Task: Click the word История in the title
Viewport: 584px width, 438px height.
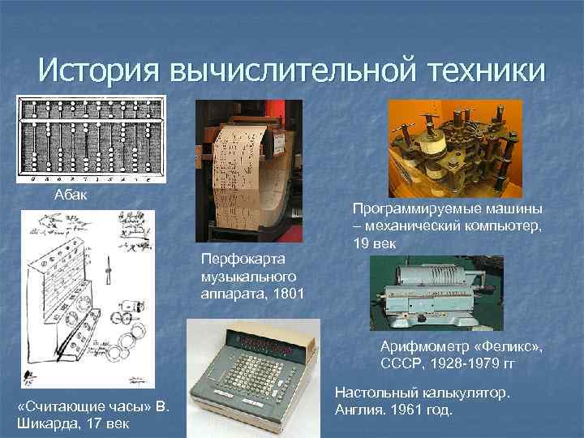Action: [97, 71]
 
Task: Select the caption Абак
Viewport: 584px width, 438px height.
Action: [69, 195]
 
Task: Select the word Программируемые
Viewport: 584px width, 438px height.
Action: [406, 208]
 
